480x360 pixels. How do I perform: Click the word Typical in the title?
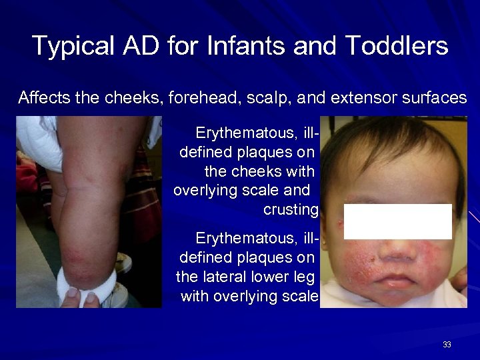[72, 46]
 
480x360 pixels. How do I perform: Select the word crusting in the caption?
[291, 209]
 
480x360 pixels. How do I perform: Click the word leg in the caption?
[305, 276]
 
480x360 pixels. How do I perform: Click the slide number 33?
[447, 345]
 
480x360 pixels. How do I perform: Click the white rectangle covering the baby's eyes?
[398, 221]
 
